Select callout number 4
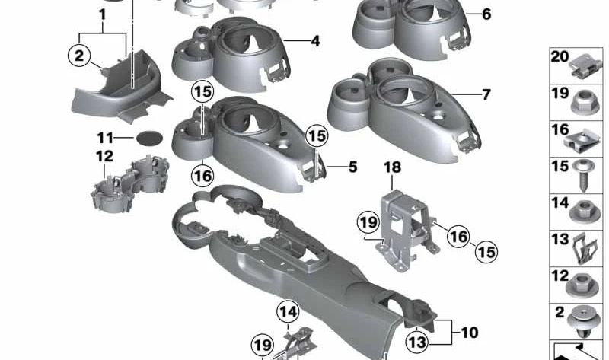tap(314, 41)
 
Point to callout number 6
tap(486, 14)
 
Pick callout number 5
tap(352, 165)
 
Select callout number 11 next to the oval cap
tap(104, 138)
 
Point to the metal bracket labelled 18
tap(403, 225)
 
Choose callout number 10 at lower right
tap(469, 332)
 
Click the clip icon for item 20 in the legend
tap(584, 64)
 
